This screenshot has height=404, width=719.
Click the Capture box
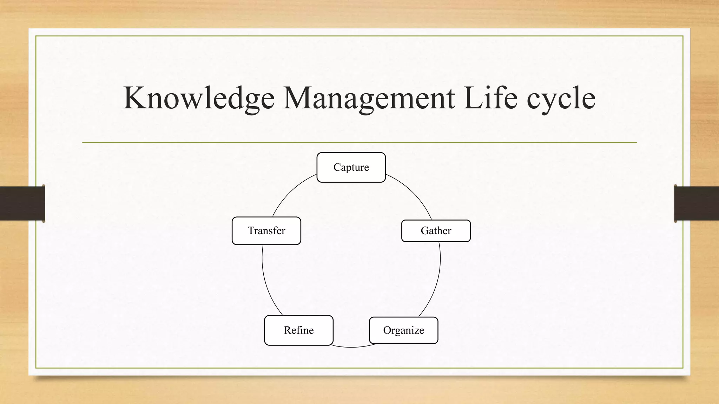coord(351,167)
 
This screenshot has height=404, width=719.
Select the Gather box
coord(436,231)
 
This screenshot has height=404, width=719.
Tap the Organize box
coord(403,330)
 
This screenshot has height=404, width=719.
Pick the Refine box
coord(298,330)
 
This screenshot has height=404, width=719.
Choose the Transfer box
coord(266,231)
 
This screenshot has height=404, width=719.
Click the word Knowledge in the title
coord(199,98)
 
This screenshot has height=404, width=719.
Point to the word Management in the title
coord(369,98)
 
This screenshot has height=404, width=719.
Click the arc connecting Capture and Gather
coord(414,193)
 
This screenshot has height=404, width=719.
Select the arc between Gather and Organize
coord(437,281)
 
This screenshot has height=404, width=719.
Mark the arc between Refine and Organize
coord(351,347)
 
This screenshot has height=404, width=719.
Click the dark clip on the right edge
coord(697,203)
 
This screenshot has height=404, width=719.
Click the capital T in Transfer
coord(251,230)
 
